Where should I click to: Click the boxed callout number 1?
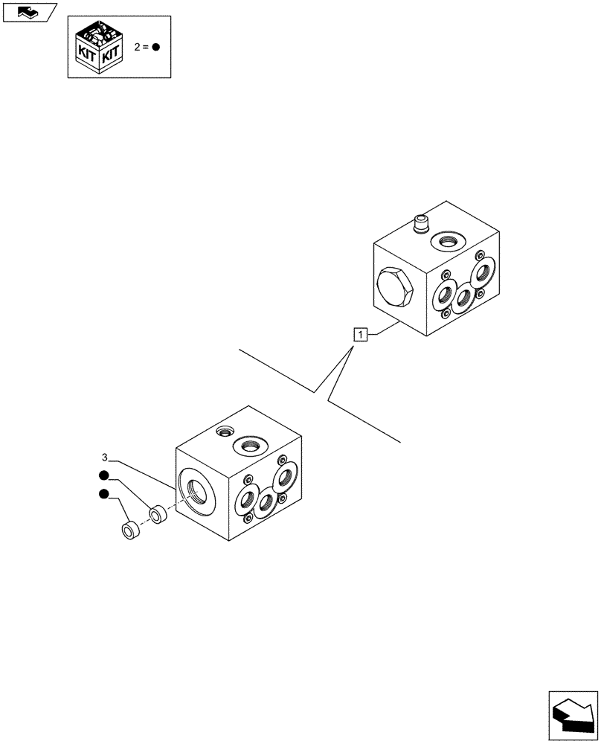click(x=360, y=335)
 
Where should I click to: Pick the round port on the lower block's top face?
click(x=249, y=446)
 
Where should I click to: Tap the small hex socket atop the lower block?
click(x=223, y=432)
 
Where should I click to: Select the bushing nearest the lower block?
click(x=158, y=513)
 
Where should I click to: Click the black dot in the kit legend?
click(x=156, y=47)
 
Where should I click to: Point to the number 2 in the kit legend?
click(x=137, y=47)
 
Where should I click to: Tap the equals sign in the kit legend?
click(x=146, y=47)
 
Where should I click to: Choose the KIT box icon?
click(x=100, y=48)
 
